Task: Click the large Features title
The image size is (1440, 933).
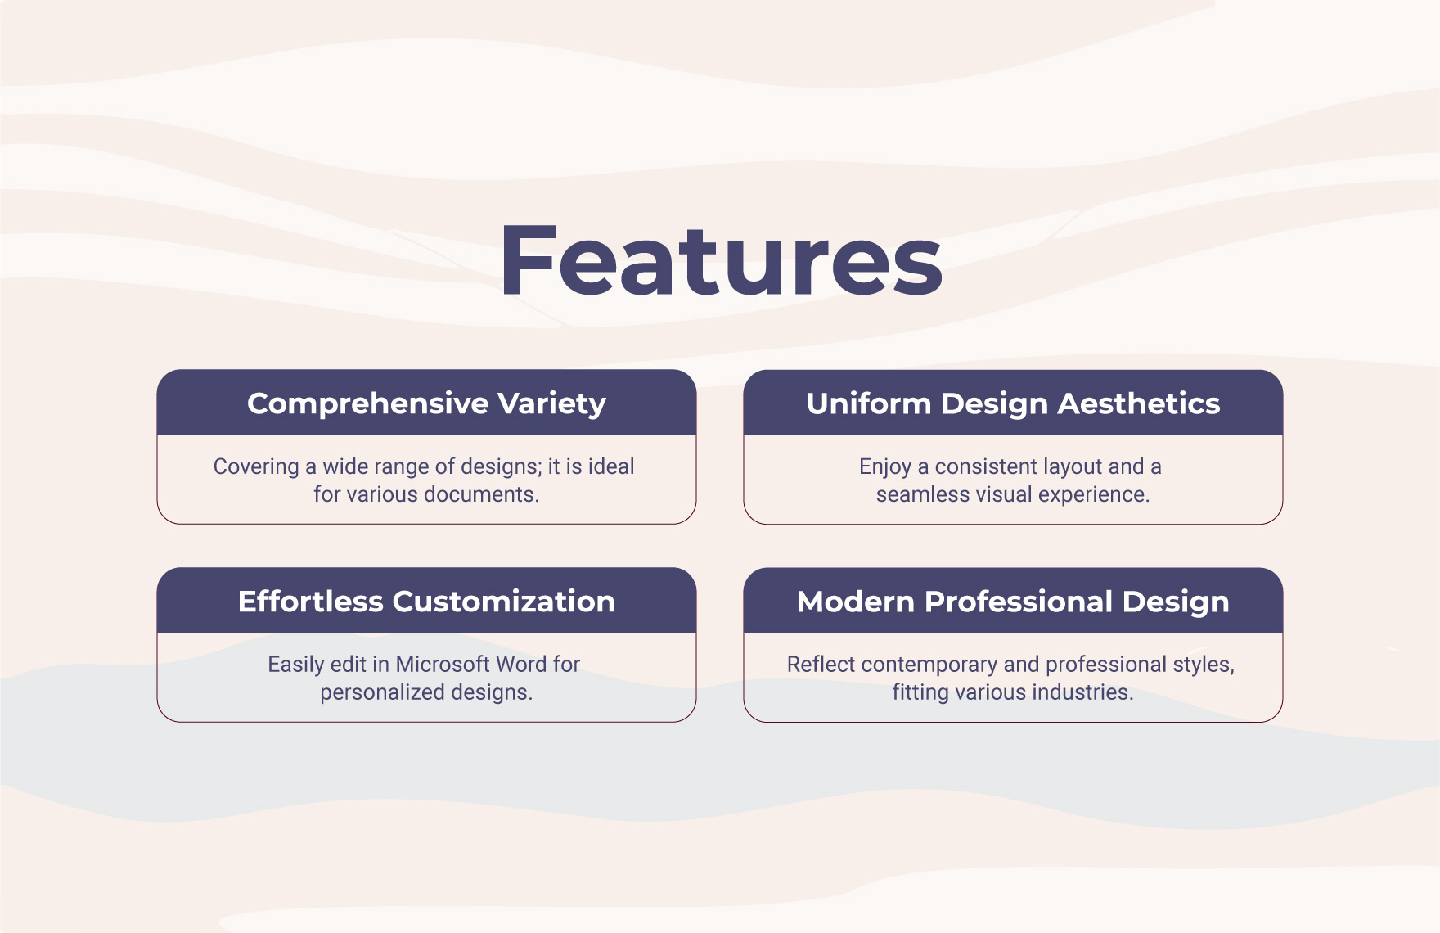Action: pos(721,260)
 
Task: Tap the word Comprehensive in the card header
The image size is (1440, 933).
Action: pos(368,403)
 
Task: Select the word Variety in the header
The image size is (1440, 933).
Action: pos(551,403)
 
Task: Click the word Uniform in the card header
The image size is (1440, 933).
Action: pos(868,403)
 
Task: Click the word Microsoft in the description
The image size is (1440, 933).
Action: pos(442,664)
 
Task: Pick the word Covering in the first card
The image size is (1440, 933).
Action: pos(256,466)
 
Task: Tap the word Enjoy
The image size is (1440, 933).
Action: pos(884,466)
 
